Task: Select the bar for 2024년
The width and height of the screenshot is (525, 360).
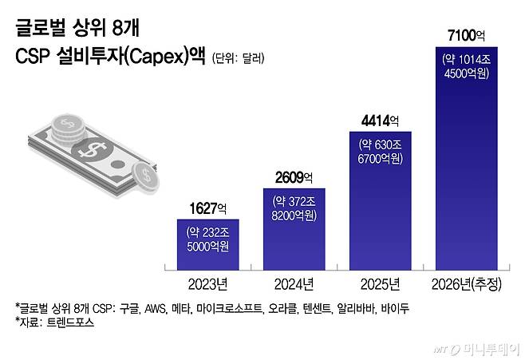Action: [x=294, y=230]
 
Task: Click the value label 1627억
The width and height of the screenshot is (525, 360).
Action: [x=207, y=209]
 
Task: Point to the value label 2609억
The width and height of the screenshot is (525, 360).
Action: [x=294, y=178]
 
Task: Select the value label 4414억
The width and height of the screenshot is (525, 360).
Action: [x=380, y=121]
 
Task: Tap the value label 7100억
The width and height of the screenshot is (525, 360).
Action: [x=466, y=35]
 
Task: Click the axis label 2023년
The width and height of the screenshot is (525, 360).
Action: [x=207, y=283]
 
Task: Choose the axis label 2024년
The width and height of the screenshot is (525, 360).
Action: [x=294, y=283]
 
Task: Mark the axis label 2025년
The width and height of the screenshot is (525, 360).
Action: [x=380, y=283]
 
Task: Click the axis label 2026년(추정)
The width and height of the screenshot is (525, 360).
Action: [x=466, y=283]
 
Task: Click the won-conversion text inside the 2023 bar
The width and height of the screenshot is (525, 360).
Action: [x=207, y=239]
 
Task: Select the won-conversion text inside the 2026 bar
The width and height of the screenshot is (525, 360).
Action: [x=466, y=65]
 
